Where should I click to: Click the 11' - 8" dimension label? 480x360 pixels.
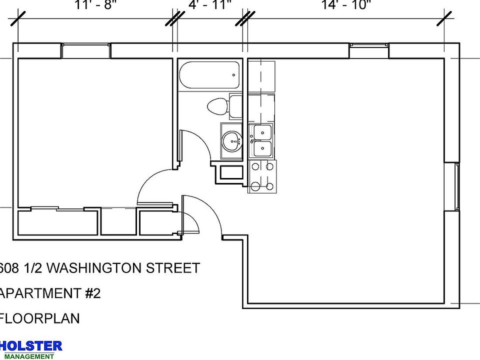click(95, 5)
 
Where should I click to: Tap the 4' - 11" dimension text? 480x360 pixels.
click(210, 5)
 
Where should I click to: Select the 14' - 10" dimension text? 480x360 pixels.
click(346, 5)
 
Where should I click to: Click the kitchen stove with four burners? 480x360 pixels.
click(262, 176)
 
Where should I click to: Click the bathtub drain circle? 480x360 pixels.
click(233, 75)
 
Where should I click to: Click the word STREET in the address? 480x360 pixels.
click(173, 268)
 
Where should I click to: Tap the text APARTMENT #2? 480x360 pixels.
click(50, 293)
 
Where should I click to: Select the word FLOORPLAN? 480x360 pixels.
click(40, 318)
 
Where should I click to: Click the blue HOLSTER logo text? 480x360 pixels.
click(31, 345)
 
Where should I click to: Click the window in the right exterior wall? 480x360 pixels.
click(457, 186)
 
